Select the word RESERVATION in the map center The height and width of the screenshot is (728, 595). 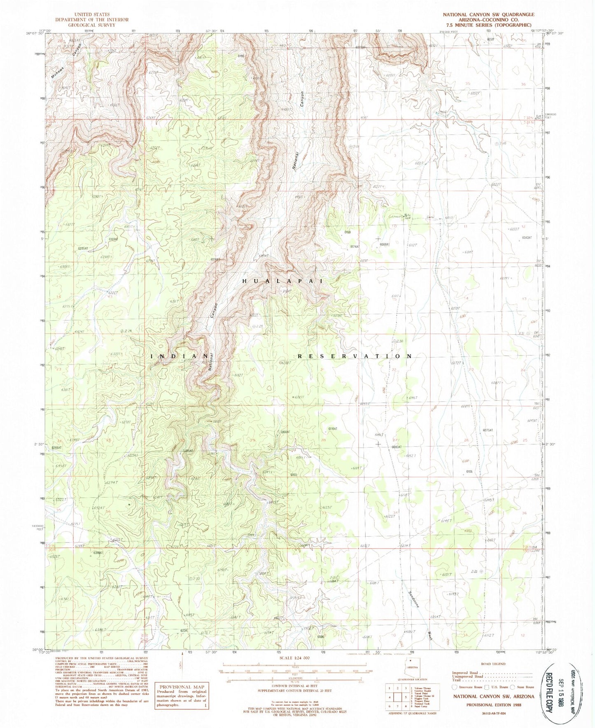[355, 356]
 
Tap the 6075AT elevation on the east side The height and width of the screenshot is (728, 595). [488, 430]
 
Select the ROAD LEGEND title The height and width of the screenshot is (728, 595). [494, 664]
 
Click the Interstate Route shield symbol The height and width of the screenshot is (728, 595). [455, 687]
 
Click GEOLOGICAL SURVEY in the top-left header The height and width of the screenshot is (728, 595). [93, 25]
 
